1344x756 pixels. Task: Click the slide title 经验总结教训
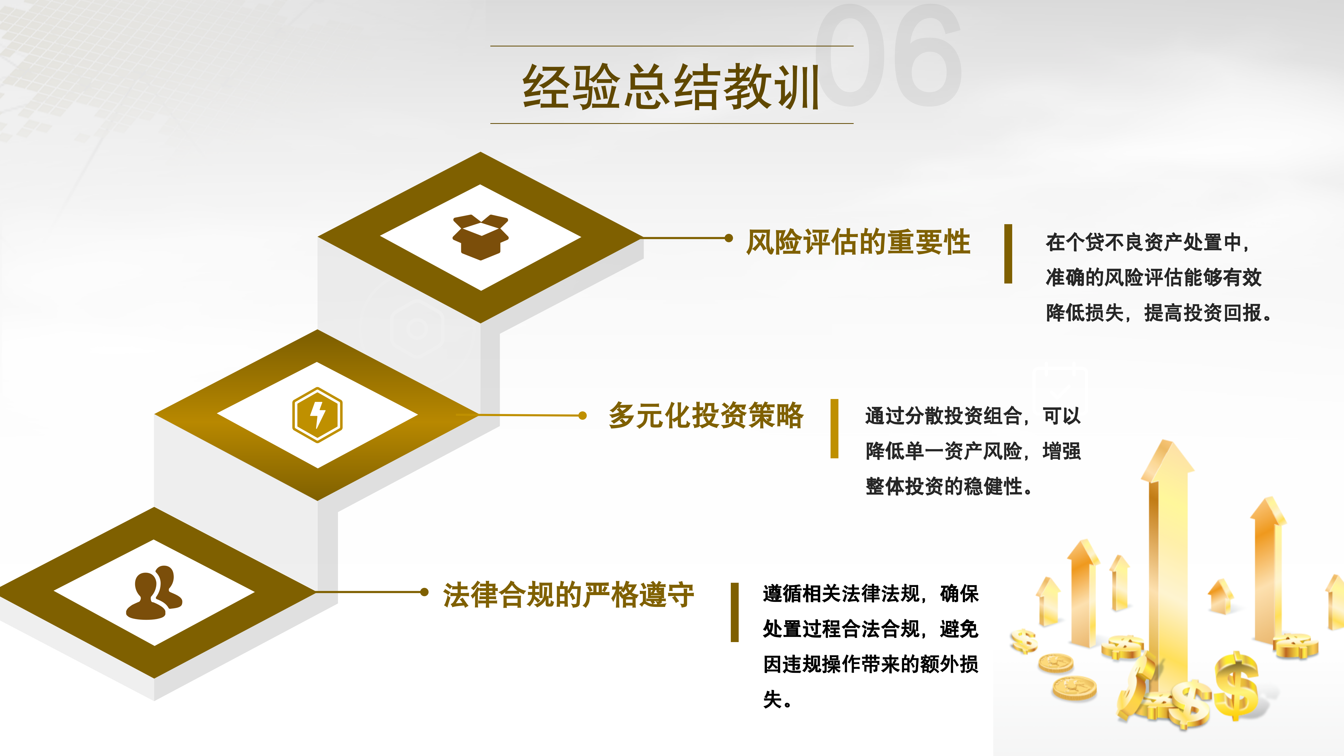tap(671, 87)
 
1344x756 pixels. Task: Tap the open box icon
tap(480, 237)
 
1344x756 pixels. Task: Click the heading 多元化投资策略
tap(706, 416)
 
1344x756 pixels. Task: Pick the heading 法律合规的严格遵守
tap(568, 595)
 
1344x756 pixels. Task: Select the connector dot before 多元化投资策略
tap(582, 415)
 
